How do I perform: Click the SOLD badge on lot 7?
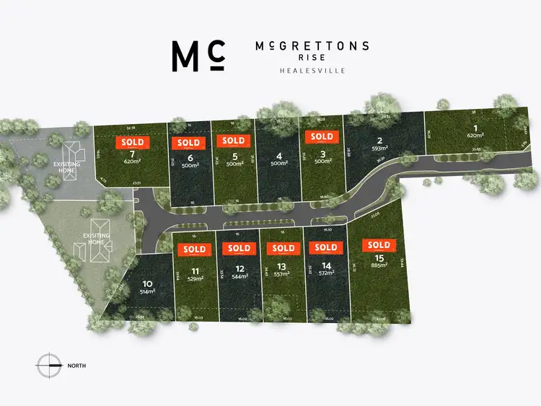click(x=132, y=143)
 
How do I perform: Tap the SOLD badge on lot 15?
click(x=379, y=245)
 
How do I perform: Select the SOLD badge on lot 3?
click(x=322, y=136)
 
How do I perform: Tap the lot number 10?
click(x=147, y=283)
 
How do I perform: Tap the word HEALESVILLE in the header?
click(x=312, y=71)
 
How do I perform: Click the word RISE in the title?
click(x=312, y=57)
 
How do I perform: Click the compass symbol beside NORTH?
click(x=50, y=365)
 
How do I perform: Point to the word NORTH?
click(x=76, y=366)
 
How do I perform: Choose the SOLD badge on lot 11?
click(x=195, y=249)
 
